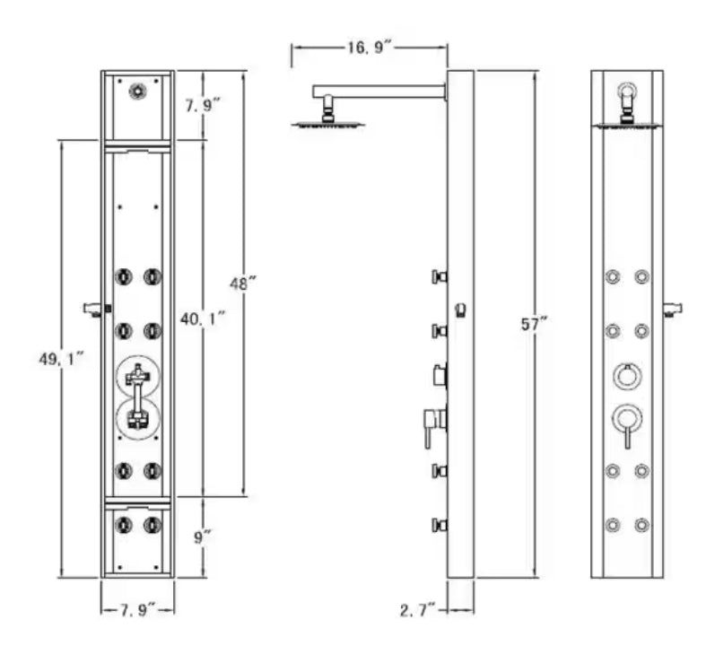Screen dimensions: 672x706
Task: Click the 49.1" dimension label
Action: pos(62,358)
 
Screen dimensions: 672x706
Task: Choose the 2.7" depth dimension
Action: pos(418,610)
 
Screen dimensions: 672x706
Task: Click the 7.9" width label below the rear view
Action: pos(137,610)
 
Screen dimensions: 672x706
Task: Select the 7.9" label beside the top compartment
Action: pos(204,105)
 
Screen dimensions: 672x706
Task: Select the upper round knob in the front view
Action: pos(627,375)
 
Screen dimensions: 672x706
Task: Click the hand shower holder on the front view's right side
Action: pos(672,310)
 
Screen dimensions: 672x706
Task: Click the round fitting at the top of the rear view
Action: pos(137,91)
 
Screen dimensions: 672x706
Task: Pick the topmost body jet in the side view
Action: pos(439,276)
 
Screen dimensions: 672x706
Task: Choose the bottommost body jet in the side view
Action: pos(439,525)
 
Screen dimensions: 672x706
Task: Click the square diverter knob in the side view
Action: pos(439,374)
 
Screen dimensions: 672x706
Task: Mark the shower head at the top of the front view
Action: pos(628,101)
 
